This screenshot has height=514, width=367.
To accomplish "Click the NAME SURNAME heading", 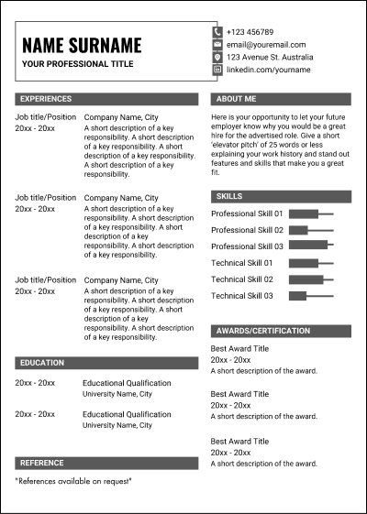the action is click(x=82, y=45).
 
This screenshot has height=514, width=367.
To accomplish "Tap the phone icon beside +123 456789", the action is click(x=217, y=31).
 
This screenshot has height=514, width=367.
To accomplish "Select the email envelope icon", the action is click(x=217, y=44).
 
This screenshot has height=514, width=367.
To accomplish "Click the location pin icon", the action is click(x=217, y=57).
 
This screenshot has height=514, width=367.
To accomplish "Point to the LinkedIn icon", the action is click(x=217, y=70).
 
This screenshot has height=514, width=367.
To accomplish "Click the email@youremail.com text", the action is click(x=266, y=44).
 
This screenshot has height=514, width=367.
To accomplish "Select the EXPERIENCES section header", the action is click(x=106, y=98).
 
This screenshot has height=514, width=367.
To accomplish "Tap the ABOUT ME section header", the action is click(x=281, y=98).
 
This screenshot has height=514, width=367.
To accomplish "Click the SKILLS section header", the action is click(x=281, y=196).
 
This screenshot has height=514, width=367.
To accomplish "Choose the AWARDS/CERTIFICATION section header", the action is click(x=281, y=331).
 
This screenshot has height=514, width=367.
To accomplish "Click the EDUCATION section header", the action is click(x=106, y=363).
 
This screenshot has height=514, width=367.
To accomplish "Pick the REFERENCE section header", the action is click(x=106, y=463).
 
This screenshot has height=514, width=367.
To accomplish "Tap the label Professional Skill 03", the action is click(x=247, y=246).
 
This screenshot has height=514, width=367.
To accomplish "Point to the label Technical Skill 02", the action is click(x=242, y=279).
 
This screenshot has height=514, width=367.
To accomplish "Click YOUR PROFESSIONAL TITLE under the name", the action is click(x=77, y=64).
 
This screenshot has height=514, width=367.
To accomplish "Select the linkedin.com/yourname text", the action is click(x=268, y=70).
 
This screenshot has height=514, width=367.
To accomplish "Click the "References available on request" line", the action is click(x=73, y=481).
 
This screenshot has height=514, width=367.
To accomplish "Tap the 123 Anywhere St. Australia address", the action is click(x=270, y=57).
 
